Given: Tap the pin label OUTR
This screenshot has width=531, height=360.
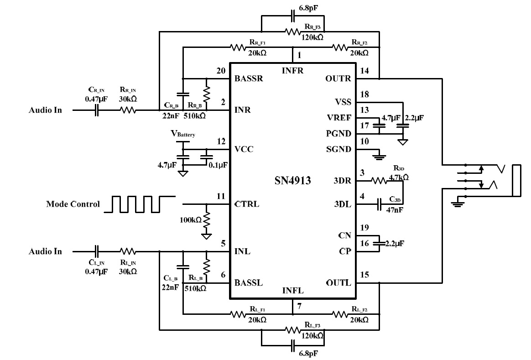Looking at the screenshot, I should pos(338,78).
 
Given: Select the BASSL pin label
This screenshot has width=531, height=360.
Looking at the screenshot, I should pos(249,283).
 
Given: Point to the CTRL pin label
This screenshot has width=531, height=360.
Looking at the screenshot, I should pos(247,204).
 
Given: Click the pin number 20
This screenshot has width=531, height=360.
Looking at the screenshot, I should pos(221,71).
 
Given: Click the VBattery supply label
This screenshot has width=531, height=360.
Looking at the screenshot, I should pos(183,134).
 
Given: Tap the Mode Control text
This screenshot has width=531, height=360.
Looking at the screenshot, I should pos(73,204).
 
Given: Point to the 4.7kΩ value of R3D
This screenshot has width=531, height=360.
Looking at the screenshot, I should pos(398,177).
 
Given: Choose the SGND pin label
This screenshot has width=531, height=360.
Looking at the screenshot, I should pos(338,149).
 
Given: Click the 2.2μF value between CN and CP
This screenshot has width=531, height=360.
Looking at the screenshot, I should pos(394,243).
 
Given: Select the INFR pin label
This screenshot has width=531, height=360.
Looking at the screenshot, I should pos(292,71).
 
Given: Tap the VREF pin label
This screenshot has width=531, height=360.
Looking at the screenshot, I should pos(339,118).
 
